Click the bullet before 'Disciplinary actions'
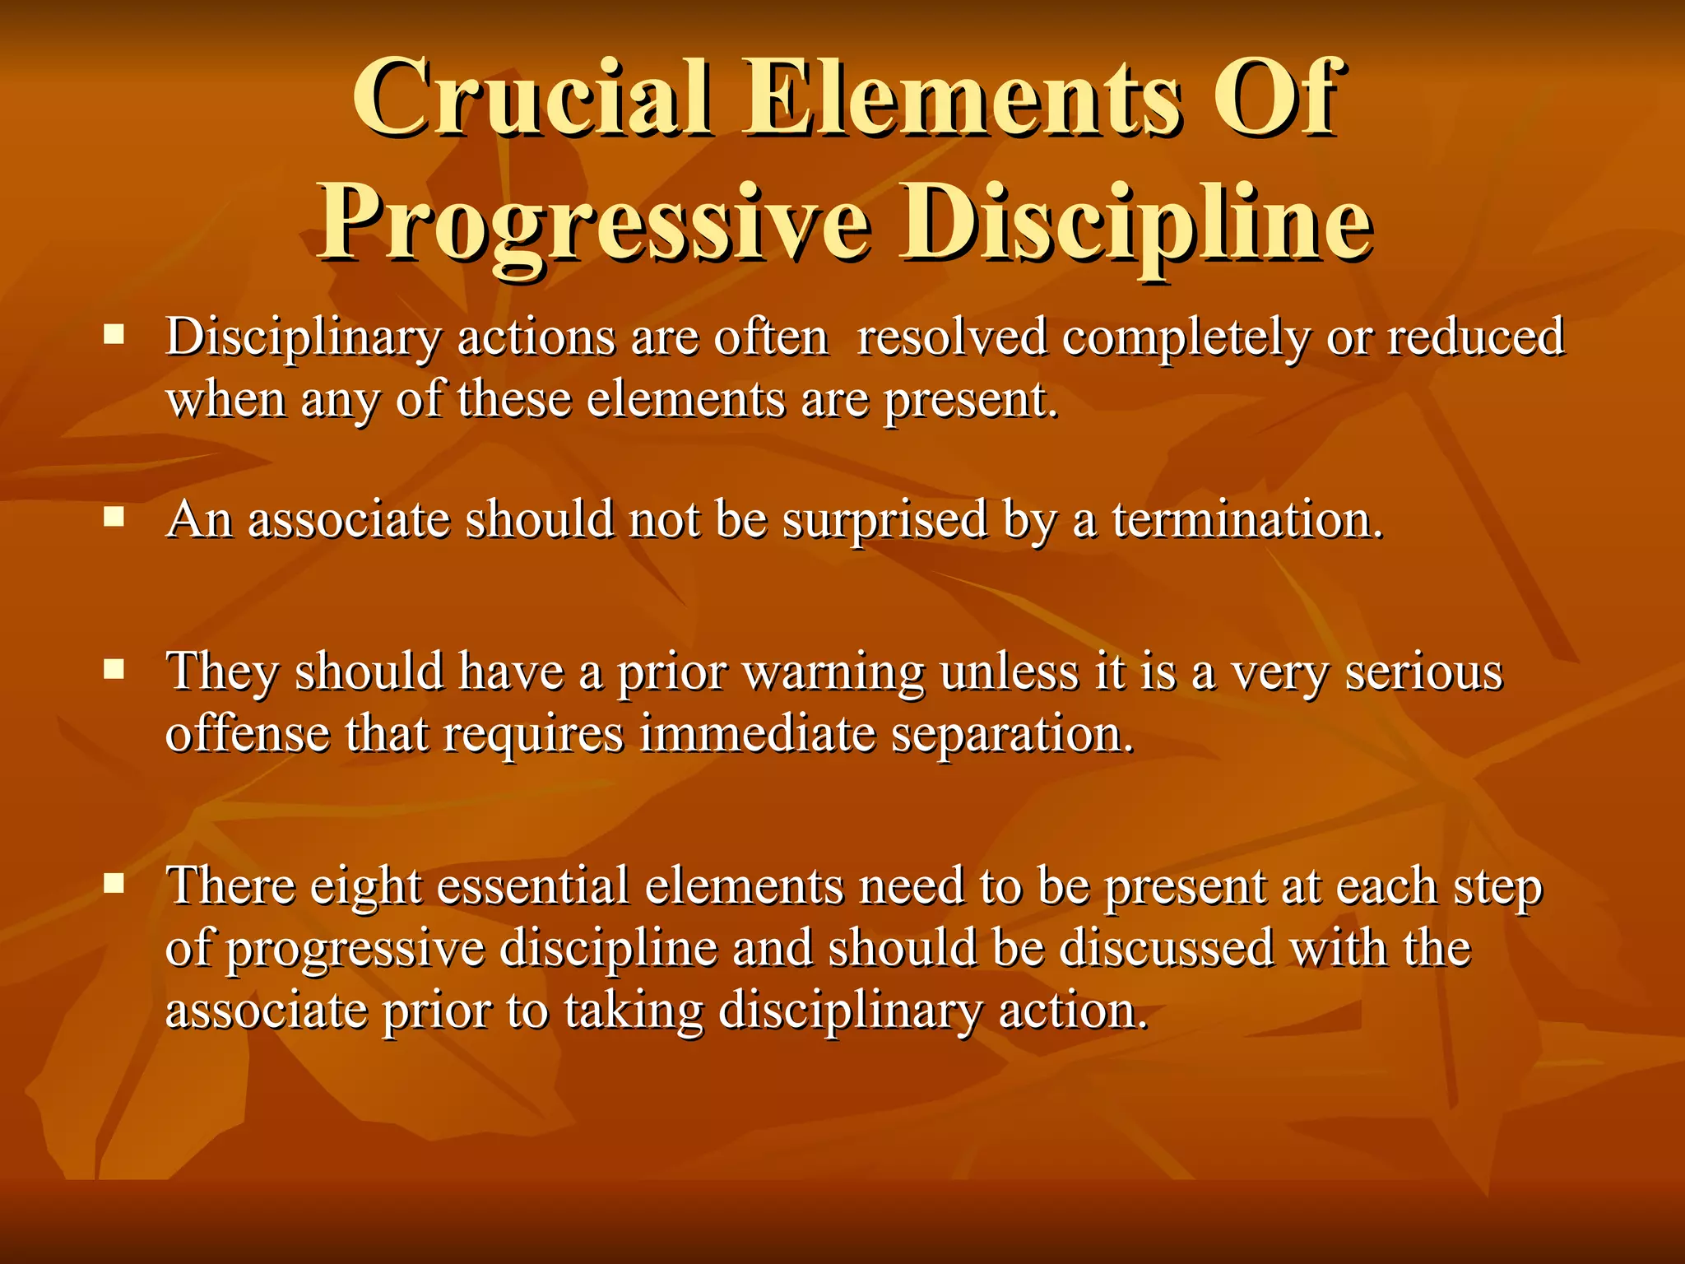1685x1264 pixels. (x=114, y=334)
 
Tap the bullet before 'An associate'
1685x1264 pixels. (x=114, y=517)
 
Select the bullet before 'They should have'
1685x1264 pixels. (x=114, y=669)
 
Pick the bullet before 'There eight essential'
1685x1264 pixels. (x=114, y=884)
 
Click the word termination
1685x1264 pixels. (x=1247, y=520)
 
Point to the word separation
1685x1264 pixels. (x=1013, y=734)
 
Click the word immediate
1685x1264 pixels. (x=757, y=732)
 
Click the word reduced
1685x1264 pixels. (x=1476, y=337)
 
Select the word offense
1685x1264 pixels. (x=248, y=732)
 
